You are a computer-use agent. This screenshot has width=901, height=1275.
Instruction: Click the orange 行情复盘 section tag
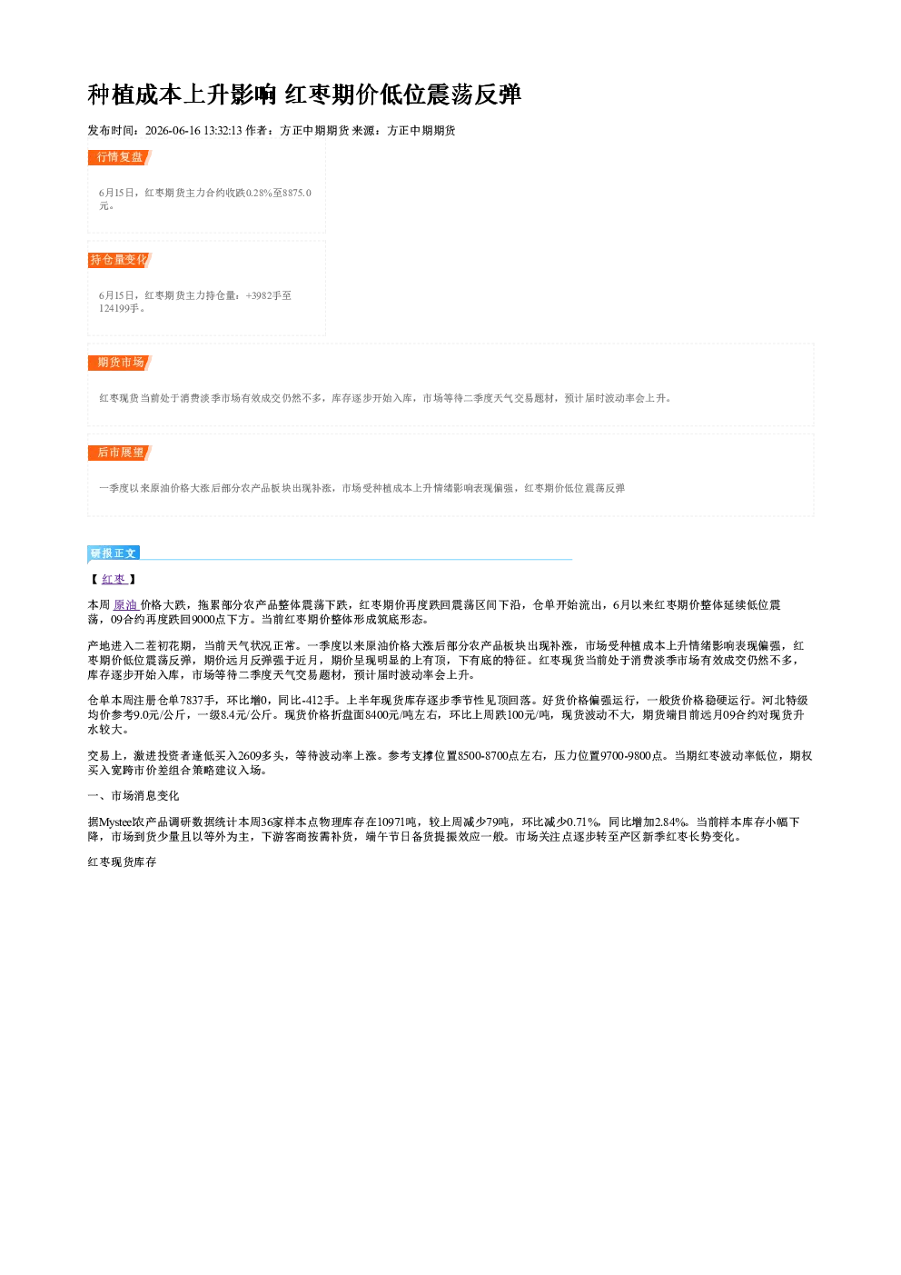pos(120,157)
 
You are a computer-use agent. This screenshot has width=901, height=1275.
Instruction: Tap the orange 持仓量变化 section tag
pos(120,260)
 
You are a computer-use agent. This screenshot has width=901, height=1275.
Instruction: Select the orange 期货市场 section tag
pos(120,363)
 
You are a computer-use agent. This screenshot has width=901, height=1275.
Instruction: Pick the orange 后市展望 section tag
pos(120,453)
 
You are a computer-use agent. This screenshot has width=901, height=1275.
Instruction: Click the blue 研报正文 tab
pos(114,553)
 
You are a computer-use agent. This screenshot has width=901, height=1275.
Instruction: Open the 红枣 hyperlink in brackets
pos(114,579)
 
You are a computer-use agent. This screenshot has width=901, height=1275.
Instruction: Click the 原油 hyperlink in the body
pos(125,604)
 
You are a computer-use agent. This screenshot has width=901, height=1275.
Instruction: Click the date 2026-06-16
pos(173,130)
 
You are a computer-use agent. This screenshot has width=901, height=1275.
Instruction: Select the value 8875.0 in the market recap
pos(297,193)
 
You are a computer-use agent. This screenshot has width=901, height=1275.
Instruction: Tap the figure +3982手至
pos(269,295)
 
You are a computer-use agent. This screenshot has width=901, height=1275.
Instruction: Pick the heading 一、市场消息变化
pos(134,796)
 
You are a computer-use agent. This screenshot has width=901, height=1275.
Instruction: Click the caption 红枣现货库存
pos(122,862)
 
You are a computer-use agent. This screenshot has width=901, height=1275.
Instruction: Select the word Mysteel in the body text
pos(115,822)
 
